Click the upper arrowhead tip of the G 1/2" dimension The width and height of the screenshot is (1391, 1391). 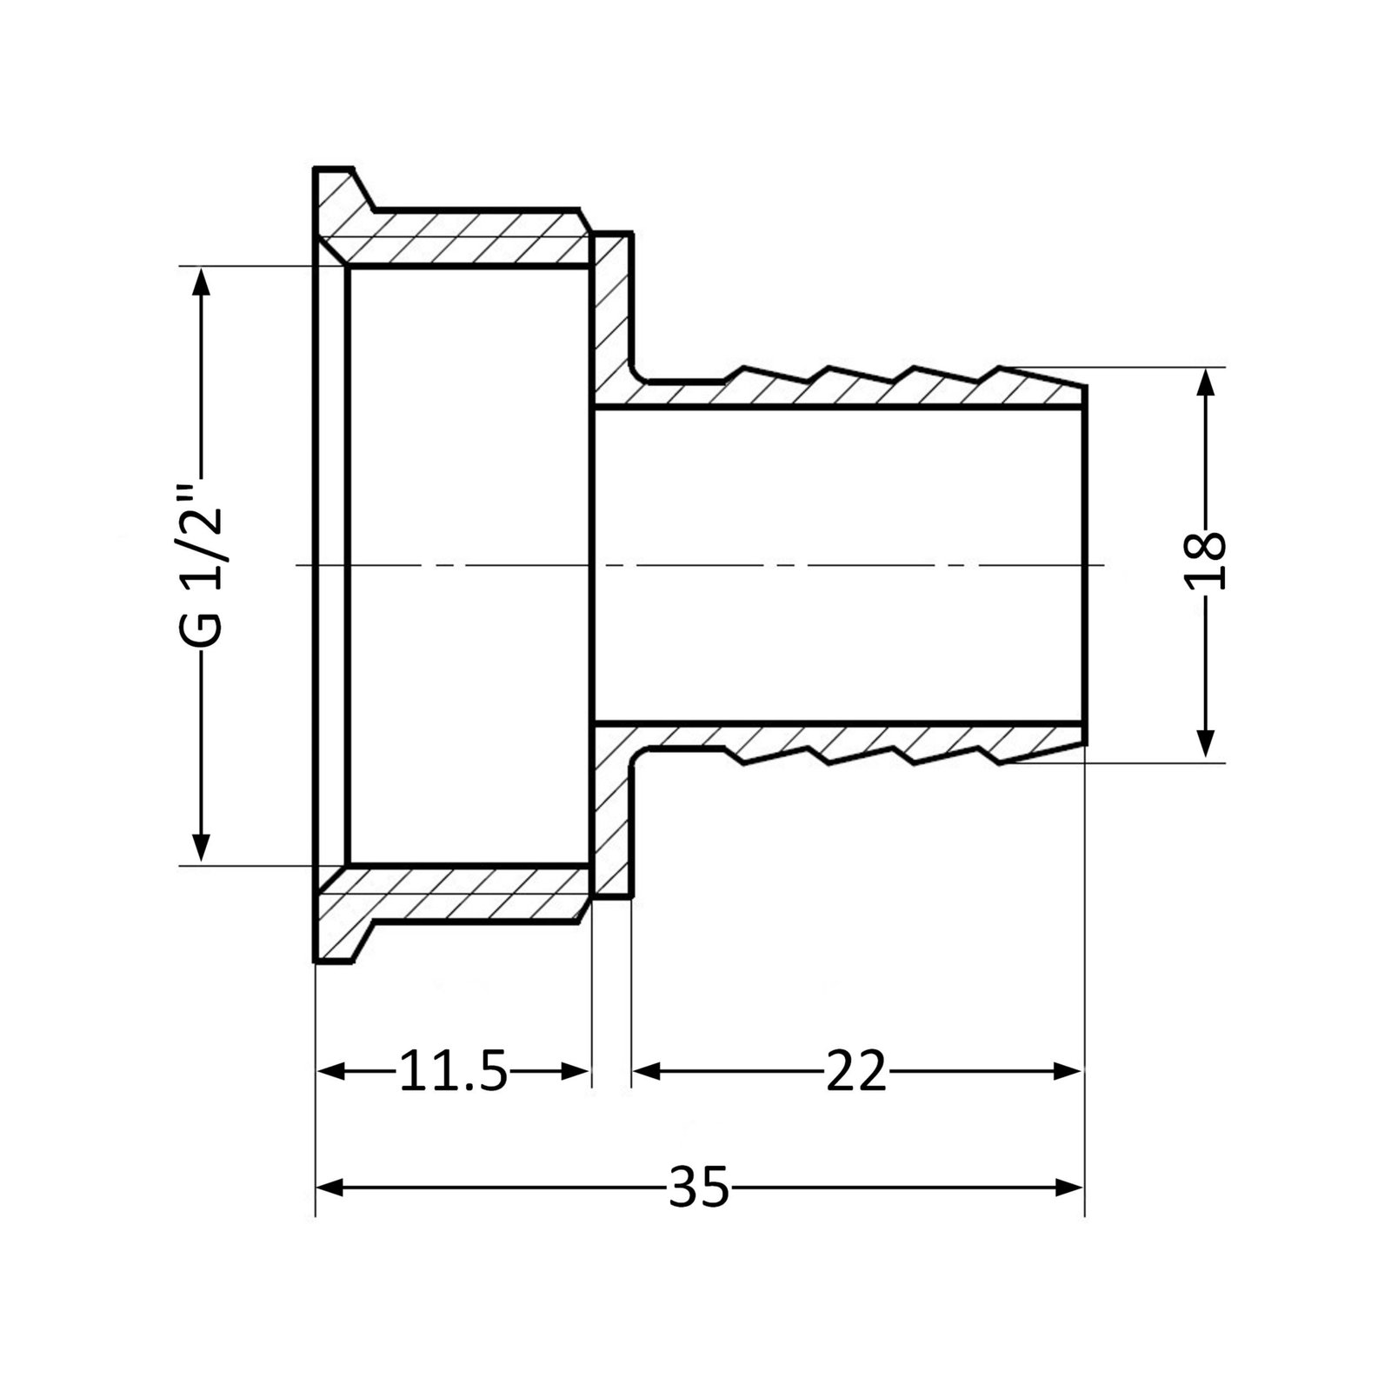click(202, 268)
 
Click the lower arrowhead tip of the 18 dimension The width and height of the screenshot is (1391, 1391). click(1205, 759)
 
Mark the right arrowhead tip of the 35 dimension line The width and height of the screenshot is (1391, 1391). click(1084, 1187)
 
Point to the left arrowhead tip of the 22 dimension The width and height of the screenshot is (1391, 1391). click(633, 1070)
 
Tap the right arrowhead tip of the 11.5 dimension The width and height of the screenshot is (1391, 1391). click(590, 1070)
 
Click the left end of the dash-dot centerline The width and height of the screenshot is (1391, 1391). click(296, 565)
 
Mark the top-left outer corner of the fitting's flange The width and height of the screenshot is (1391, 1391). click(314, 167)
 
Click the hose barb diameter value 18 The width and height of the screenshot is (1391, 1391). click(1207, 561)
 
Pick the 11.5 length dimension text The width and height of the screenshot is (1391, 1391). click(452, 1071)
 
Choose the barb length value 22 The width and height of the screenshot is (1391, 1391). click(855, 1071)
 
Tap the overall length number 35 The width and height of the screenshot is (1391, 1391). click(699, 1187)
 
